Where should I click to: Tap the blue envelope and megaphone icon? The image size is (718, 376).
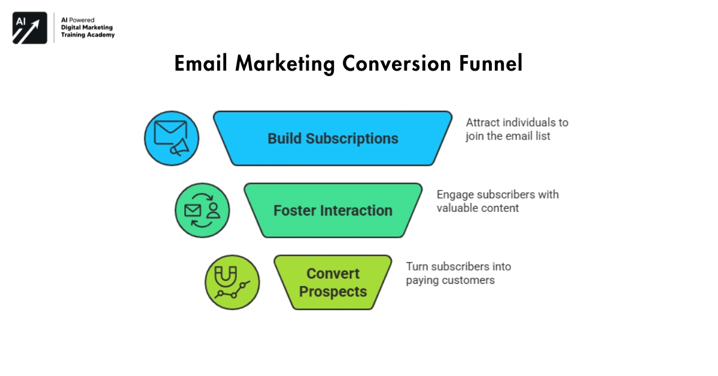pyautogui.click(x=171, y=138)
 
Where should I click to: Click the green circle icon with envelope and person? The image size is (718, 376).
pyautogui.click(x=202, y=210)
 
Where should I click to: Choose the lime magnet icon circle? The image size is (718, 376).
pyautogui.click(x=232, y=282)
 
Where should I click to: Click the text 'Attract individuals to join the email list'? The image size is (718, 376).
pyautogui.click(x=517, y=129)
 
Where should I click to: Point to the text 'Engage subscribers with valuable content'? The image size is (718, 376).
pyautogui.click(x=497, y=201)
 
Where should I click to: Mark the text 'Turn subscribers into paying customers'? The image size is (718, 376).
pyautogui.click(x=458, y=273)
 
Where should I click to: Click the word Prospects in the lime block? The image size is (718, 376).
pyautogui.click(x=333, y=292)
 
